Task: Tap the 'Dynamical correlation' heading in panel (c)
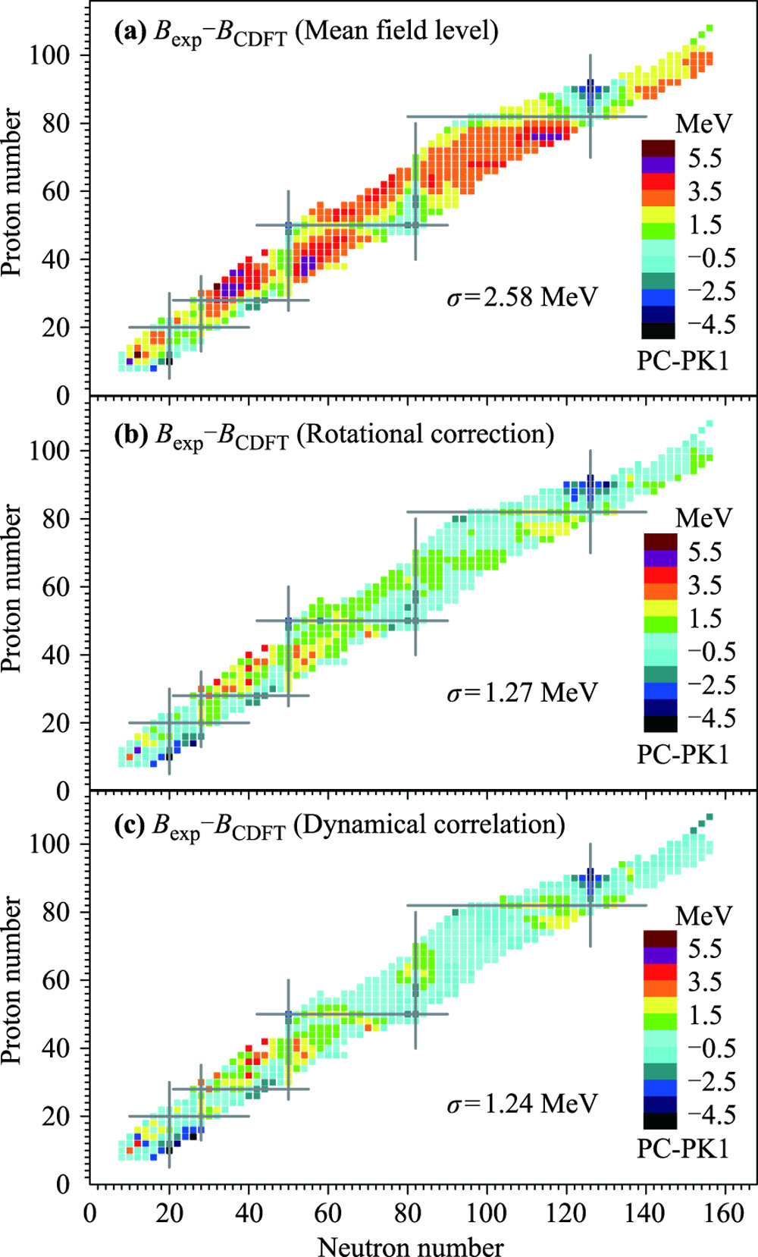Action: pyautogui.click(x=429, y=825)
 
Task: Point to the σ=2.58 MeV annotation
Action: pyautogui.click(x=522, y=297)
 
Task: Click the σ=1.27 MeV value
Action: pyautogui.click(x=522, y=693)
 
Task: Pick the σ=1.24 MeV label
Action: pyautogui.click(x=522, y=1103)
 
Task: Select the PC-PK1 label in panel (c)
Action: pyautogui.click(x=682, y=1149)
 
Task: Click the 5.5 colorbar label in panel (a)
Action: pyautogui.click(x=704, y=159)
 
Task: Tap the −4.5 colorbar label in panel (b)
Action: pyautogui.click(x=711, y=718)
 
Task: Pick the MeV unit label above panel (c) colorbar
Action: pyautogui.click(x=703, y=916)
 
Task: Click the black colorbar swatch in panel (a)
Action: pyautogui.click(x=657, y=330)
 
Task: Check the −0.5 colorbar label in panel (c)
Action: pyautogui.click(x=711, y=1048)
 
